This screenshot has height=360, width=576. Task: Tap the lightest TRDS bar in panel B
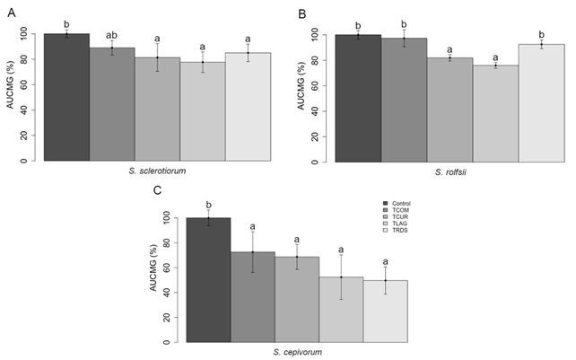[541, 102]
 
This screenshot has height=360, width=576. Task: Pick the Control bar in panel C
[208, 279]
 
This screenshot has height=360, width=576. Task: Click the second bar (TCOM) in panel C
[253, 296]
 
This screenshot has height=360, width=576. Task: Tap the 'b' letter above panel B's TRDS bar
[541, 34]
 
